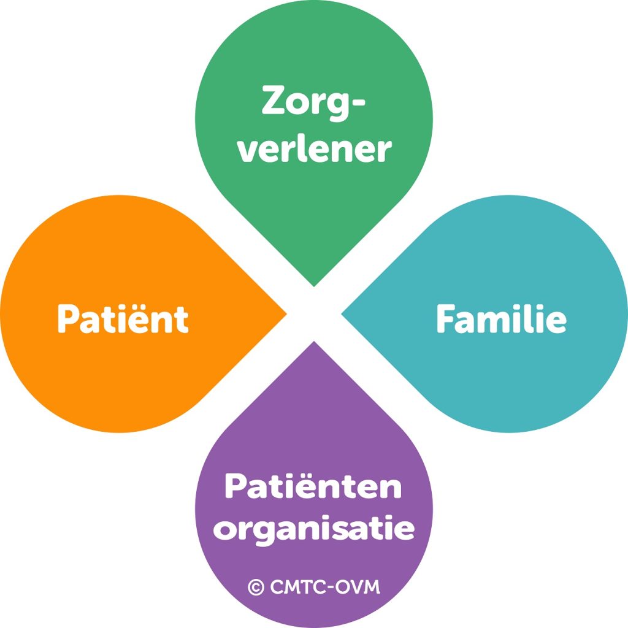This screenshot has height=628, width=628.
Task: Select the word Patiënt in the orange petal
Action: tap(123, 319)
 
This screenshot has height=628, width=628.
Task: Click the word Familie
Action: tap(502, 319)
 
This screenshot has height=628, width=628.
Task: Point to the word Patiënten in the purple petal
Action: tap(313, 486)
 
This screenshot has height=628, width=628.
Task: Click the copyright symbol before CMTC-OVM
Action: tap(256, 588)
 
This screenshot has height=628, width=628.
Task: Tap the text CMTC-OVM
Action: tap(325, 587)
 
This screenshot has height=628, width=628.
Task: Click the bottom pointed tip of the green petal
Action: tap(314, 286)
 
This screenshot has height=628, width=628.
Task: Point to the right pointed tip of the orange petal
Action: tap(286, 314)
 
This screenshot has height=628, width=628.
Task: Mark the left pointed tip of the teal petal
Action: tap(342, 314)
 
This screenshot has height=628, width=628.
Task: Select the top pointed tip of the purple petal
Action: tap(314, 342)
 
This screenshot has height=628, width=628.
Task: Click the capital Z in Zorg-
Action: tap(276, 100)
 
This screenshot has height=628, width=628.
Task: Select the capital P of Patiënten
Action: tap(236, 486)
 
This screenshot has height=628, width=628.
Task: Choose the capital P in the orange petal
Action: tap(68, 319)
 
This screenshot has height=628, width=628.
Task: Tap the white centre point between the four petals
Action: tap(314, 314)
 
